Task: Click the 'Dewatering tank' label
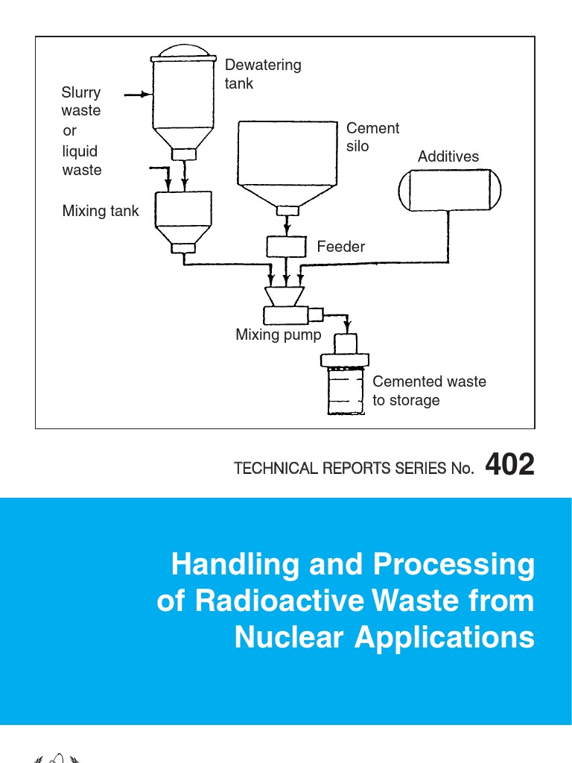coord(263,74)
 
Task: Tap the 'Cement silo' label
coord(372,137)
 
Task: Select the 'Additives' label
coord(448,156)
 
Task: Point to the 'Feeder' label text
coord(341,246)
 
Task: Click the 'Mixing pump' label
coord(279,335)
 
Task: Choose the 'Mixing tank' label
coord(101,211)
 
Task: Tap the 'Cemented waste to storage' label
coord(428,390)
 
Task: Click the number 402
coord(509,465)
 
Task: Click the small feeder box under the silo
coord(287,246)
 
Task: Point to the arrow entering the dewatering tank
coord(137,95)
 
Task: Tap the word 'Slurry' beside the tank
coord(81,92)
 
